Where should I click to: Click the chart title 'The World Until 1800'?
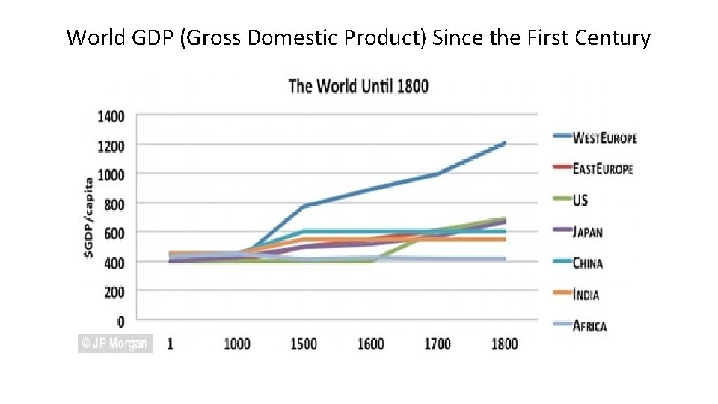tap(358, 85)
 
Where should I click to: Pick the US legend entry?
tap(580, 201)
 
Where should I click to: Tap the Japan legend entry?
tap(587, 232)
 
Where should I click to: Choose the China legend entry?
tap(587, 263)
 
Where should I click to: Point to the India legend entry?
tap(586, 295)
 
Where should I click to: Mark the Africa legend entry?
tap(589, 326)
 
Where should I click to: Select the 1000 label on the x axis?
tap(237, 344)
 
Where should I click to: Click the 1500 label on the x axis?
tap(304, 344)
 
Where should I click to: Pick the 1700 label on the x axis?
tap(438, 344)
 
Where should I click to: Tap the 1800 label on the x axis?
tap(504, 344)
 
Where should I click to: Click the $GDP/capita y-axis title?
tap(89, 218)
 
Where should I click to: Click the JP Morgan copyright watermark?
tap(115, 343)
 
